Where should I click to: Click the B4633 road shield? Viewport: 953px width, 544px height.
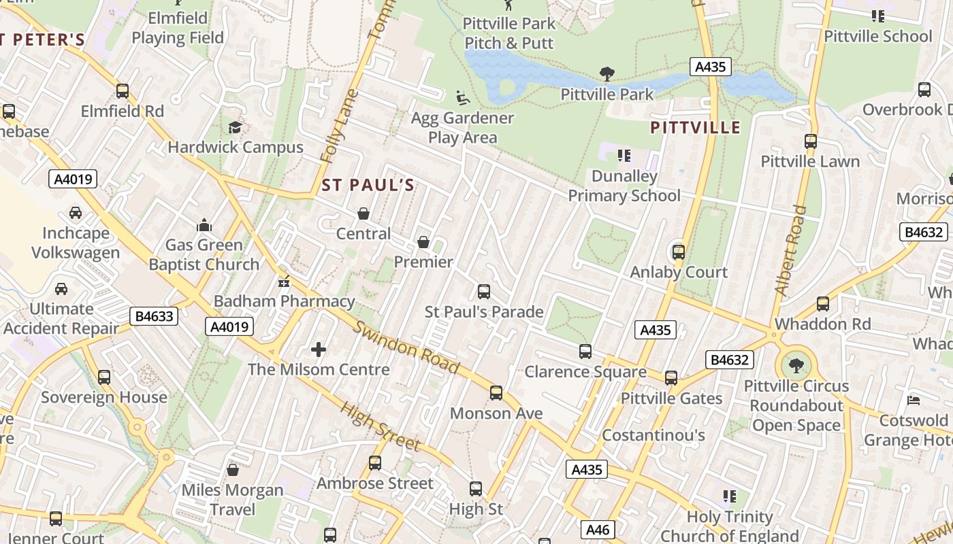154,316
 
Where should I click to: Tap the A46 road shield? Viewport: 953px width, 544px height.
599,530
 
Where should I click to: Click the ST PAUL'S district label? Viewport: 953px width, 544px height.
368,185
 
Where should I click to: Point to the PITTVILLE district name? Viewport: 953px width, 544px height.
695,128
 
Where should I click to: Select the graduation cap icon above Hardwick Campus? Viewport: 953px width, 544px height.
235,127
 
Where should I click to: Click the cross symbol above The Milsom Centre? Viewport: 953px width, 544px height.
318,350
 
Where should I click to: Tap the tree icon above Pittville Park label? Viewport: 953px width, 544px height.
607,74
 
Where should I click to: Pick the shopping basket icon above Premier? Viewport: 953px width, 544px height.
423,242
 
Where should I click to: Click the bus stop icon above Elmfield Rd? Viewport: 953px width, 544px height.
123,91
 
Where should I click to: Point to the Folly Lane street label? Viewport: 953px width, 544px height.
338,126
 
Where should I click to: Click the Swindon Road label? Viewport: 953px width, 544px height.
406,347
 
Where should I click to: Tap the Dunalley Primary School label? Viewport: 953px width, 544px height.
624,186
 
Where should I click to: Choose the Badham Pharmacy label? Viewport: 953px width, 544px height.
285,301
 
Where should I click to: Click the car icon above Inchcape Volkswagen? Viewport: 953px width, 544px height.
76,213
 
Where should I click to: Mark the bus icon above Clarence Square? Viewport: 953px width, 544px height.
585,352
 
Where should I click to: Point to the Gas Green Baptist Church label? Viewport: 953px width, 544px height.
204,254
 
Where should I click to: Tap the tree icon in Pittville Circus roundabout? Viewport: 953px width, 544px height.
796,367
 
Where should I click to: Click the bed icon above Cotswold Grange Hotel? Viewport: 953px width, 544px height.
914,400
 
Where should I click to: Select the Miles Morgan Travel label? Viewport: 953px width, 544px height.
232,499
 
